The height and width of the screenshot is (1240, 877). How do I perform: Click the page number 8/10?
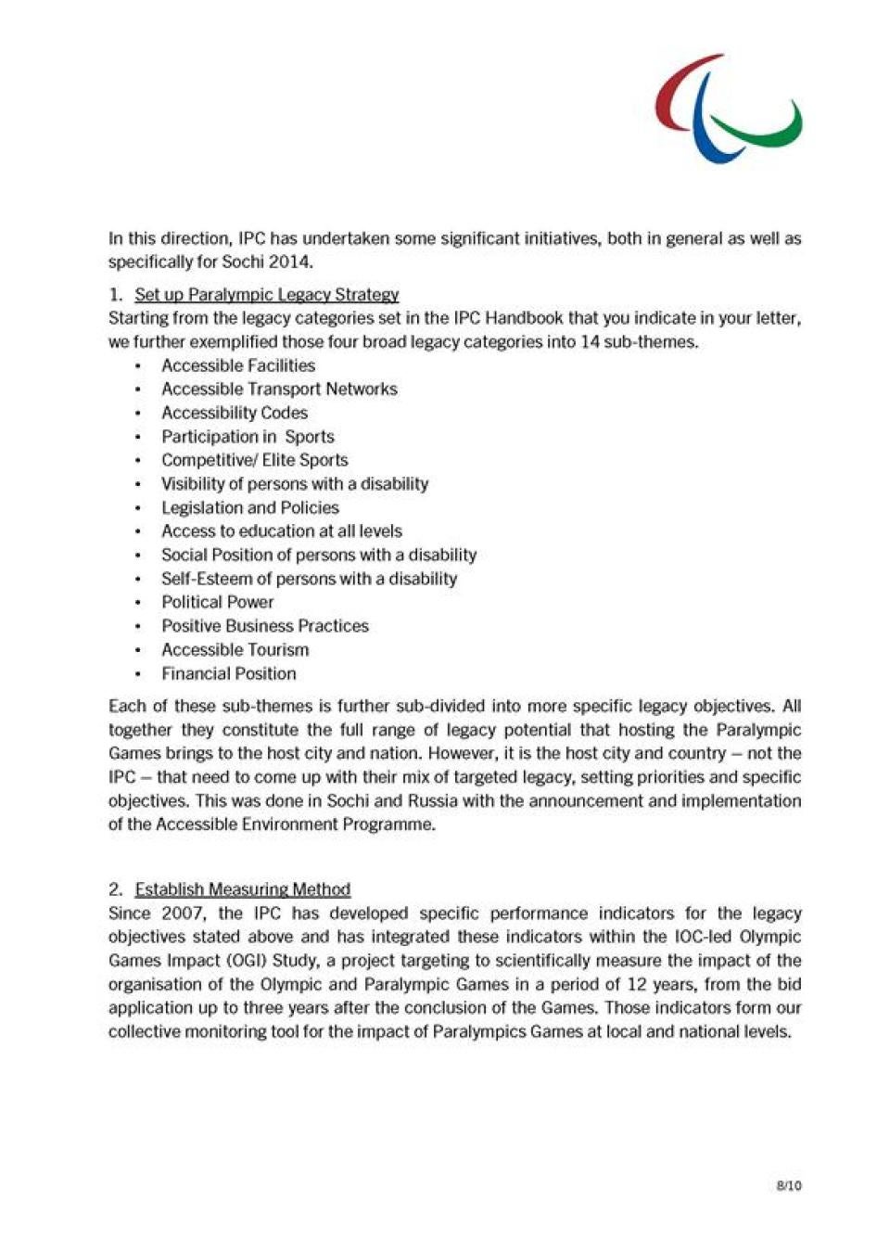click(789, 1185)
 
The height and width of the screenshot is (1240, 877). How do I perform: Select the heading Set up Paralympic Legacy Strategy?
click(267, 295)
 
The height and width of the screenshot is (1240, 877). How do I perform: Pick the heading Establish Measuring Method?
click(243, 889)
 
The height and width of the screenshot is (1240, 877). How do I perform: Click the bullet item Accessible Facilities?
click(238, 365)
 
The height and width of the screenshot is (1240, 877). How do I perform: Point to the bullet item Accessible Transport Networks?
click(279, 390)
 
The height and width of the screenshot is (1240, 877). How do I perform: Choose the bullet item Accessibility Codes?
click(235, 413)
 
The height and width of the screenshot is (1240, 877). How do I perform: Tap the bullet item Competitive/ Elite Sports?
click(255, 460)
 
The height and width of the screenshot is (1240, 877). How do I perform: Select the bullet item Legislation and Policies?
click(250, 507)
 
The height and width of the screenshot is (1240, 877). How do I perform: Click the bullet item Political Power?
click(218, 602)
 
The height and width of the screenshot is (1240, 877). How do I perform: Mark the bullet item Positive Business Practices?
click(265, 626)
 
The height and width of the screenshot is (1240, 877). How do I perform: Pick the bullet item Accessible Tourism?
click(235, 650)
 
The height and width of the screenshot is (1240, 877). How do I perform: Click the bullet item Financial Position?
click(229, 674)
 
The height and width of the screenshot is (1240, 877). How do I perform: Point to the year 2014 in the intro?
click(293, 262)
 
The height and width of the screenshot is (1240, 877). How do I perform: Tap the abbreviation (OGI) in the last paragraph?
click(245, 961)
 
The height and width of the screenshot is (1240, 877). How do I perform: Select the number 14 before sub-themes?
click(590, 342)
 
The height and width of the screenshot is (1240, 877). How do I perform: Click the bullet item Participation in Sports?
click(248, 437)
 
